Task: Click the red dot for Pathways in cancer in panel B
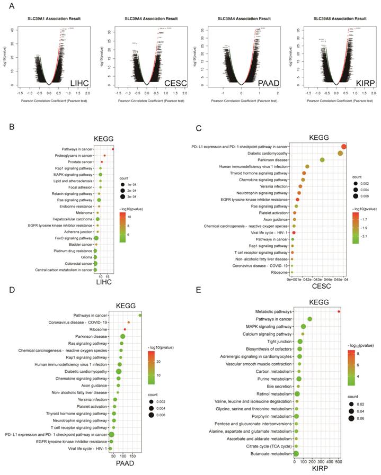click(113, 149)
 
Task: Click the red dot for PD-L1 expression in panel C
click(344, 147)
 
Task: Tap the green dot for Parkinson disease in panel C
click(322, 159)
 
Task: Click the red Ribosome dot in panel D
click(125, 329)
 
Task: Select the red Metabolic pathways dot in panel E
click(339, 312)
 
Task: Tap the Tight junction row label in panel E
click(276, 342)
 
